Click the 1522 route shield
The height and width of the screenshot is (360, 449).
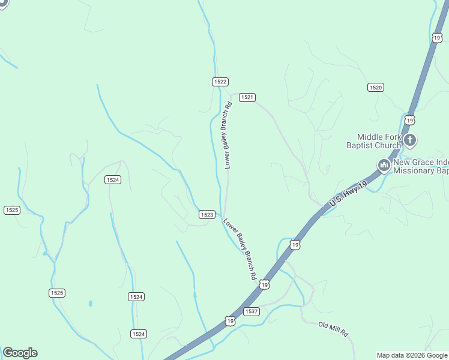coord(220,82)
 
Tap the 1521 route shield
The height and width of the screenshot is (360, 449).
coord(247,97)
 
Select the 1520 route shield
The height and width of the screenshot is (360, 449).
coord(376,88)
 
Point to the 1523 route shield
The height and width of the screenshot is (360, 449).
coord(206,215)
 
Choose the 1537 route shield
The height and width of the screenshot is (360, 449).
coord(252,311)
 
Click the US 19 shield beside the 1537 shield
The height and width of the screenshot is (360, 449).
coord(230,321)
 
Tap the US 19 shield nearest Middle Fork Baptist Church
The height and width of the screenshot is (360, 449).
coord(409,120)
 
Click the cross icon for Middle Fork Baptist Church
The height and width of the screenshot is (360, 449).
coord(410,141)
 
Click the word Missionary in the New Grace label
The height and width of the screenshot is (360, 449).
coord(414,171)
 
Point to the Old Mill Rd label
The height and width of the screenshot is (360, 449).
coord(334,329)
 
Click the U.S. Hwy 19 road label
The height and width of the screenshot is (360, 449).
coord(348,196)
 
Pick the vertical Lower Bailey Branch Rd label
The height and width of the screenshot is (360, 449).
coord(228,136)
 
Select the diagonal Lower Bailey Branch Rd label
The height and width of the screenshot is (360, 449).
coord(240,249)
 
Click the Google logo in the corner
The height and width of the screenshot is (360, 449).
coord(20,353)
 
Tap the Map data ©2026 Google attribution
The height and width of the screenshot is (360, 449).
coord(412,355)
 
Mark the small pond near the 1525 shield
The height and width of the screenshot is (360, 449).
coord(90,304)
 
